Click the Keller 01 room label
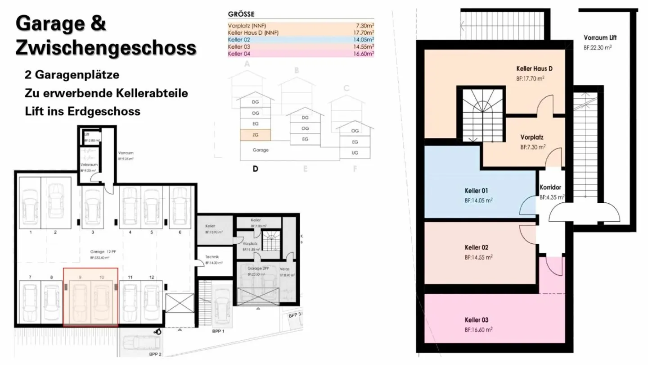pyautogui.click(x=477, y=190)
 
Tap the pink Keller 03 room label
pyautogui.click(x=477, y=320)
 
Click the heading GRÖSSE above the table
pyautogui.click(x=241, y=14)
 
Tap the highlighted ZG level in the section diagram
pyautogui.click(x=255, y=134)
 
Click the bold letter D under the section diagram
pyautogui.click(x=256, y=169)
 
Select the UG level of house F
pyautogui.click(x=355, y=153)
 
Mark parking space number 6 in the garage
pyautogui.click(x=180, y=233)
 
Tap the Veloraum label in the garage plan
pyautogui.click(x=87, y=165)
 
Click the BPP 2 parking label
pyautogui.click(x=155, y=354)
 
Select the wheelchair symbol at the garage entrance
pyautogui.click(x=157, y=332)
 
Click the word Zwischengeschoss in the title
pyautogui.click(x=106, y=47)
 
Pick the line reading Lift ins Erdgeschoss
pyautogui.click(x=83, y=111)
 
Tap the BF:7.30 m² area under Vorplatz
pyautogui.click(x=533, y=147)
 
